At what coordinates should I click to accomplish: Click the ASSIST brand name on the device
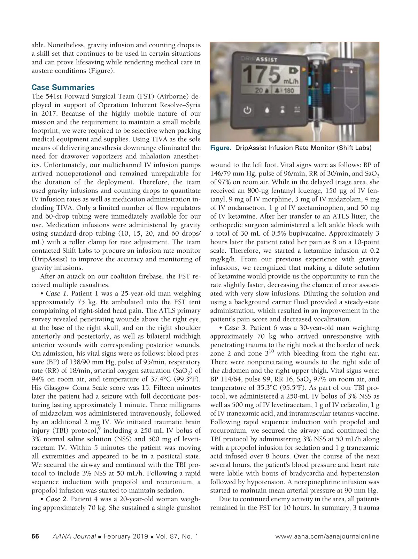266,60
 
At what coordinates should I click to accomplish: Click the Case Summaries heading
63,87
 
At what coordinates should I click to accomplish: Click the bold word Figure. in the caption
221,148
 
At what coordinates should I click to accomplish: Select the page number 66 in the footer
36,536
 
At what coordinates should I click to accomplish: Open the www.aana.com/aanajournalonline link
327,536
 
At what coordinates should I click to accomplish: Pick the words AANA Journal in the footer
74,536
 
